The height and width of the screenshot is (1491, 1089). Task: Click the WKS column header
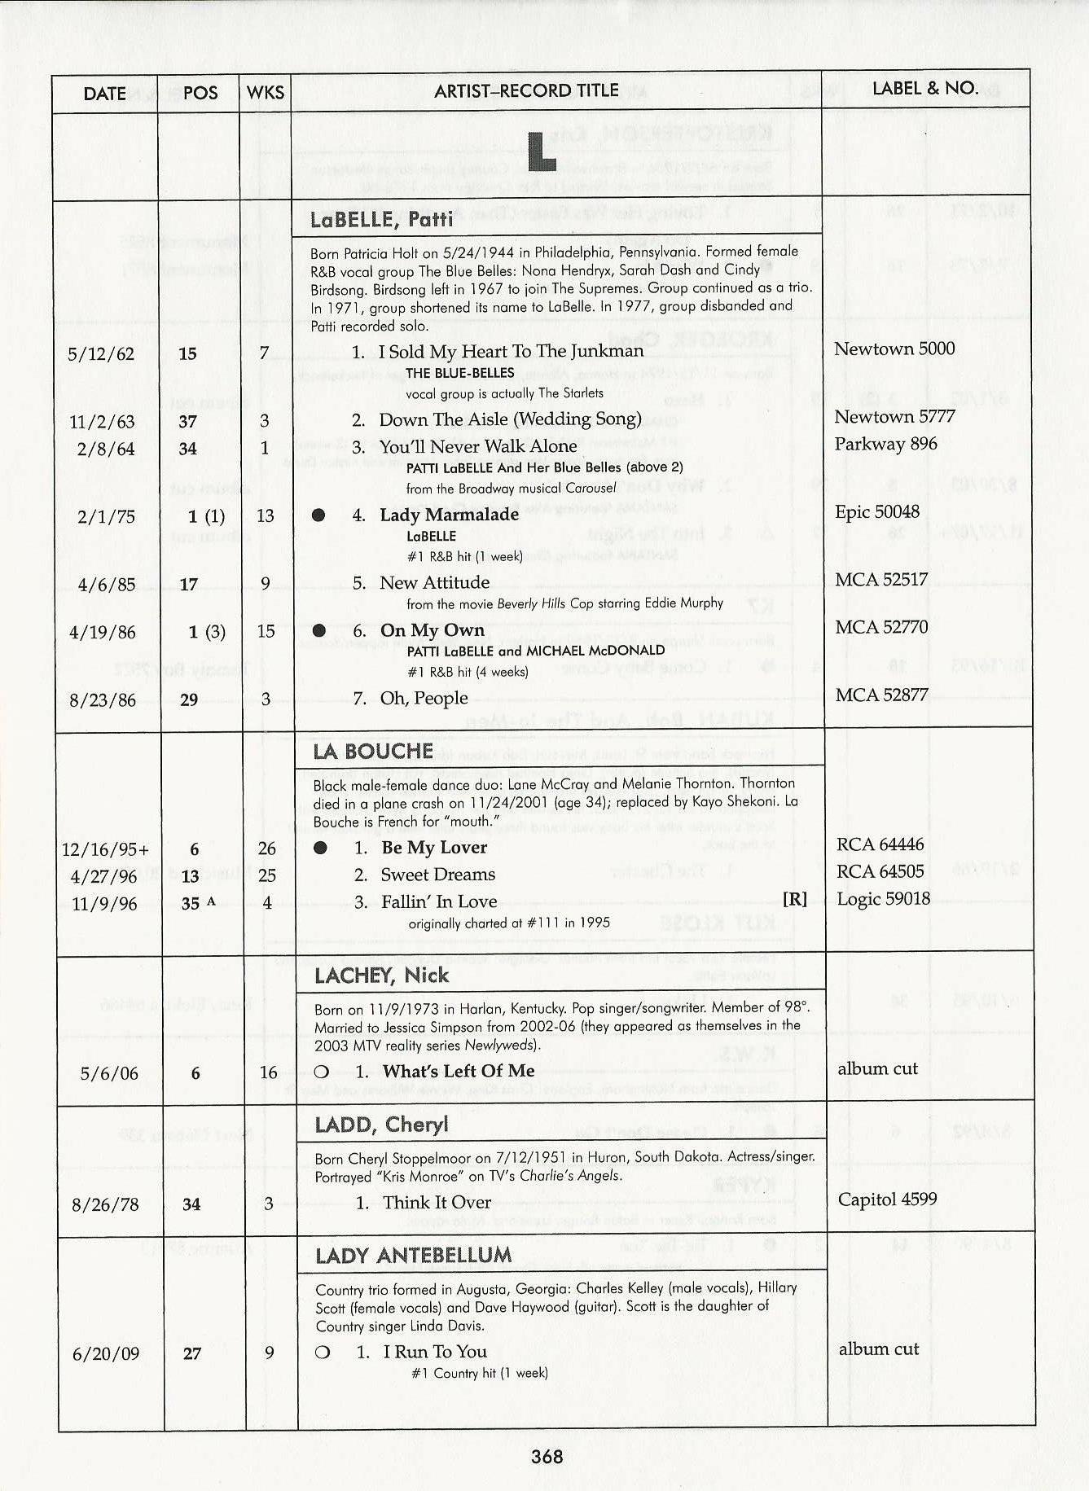pyautogui.click(x=266, y=92)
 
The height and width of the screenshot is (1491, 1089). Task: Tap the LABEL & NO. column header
pyautogui.click(x=924, y=89)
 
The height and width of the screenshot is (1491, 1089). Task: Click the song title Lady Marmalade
pyautogui.click(x=449, y=515)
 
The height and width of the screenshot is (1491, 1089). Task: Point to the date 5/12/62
pyautogui.click(x=101, y=354)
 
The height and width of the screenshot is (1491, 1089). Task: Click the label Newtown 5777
pyautogui.click(x=894, y=417)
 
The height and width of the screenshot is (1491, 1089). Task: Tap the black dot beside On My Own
pyautogui.click(x=319, y=630)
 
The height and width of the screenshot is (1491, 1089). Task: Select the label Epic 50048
pyautogui.click(x=876, y=512)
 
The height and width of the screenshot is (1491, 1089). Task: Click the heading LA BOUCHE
pyautogui.click(x=373, y=751)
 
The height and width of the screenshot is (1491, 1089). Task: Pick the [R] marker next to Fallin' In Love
pyautogui.click(x=794, y=899)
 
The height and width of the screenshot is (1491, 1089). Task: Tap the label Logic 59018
pyautogui.click(x=883, y=899)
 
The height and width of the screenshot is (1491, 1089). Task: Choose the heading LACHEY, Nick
pyautogui.click(x=381, y=976)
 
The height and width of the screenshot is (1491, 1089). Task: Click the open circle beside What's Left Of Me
pyautogui.click(x=322, y=1072)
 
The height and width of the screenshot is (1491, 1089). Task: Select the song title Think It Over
pyautogui.click(x=437, y=1203)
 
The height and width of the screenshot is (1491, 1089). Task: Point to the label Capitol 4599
pyautogui.click(x=887, y=1199)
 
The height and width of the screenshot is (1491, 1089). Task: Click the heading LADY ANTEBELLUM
pyautogui.click(x=413, y=1256)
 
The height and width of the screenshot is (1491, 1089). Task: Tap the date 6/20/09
pyautogui.click(x=106, y=1354)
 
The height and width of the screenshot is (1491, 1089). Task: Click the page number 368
pyautogui.click(x=547, y=1456)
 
